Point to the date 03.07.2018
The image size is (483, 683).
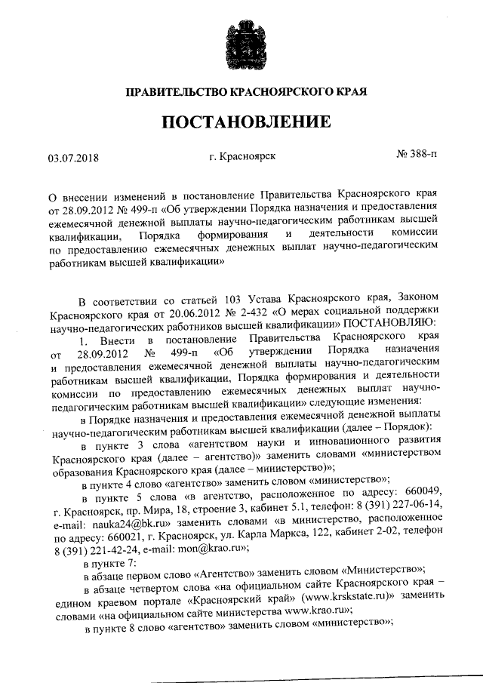coord(73,158)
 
